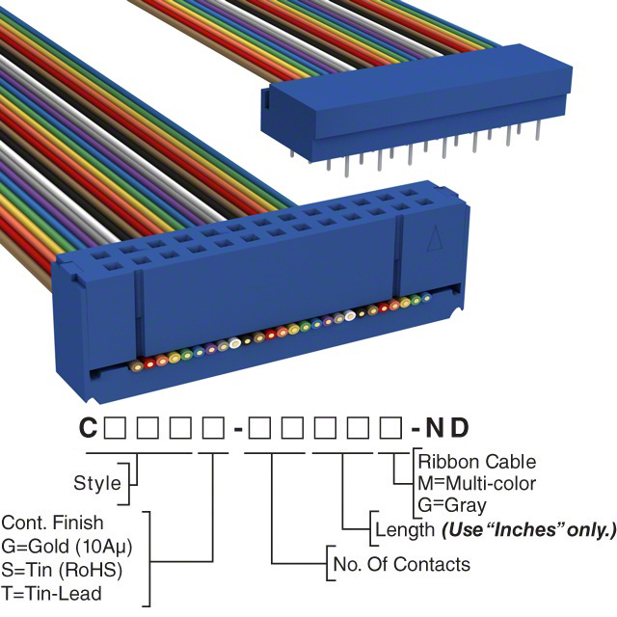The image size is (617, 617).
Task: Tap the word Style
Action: (97, 483)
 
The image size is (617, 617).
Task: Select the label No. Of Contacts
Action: (401, 564)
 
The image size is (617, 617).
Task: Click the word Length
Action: (403, 529)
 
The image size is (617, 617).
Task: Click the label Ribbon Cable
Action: (477, 462)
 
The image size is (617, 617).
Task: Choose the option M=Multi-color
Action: (477, 483)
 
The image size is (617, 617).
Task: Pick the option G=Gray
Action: (453, 504)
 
